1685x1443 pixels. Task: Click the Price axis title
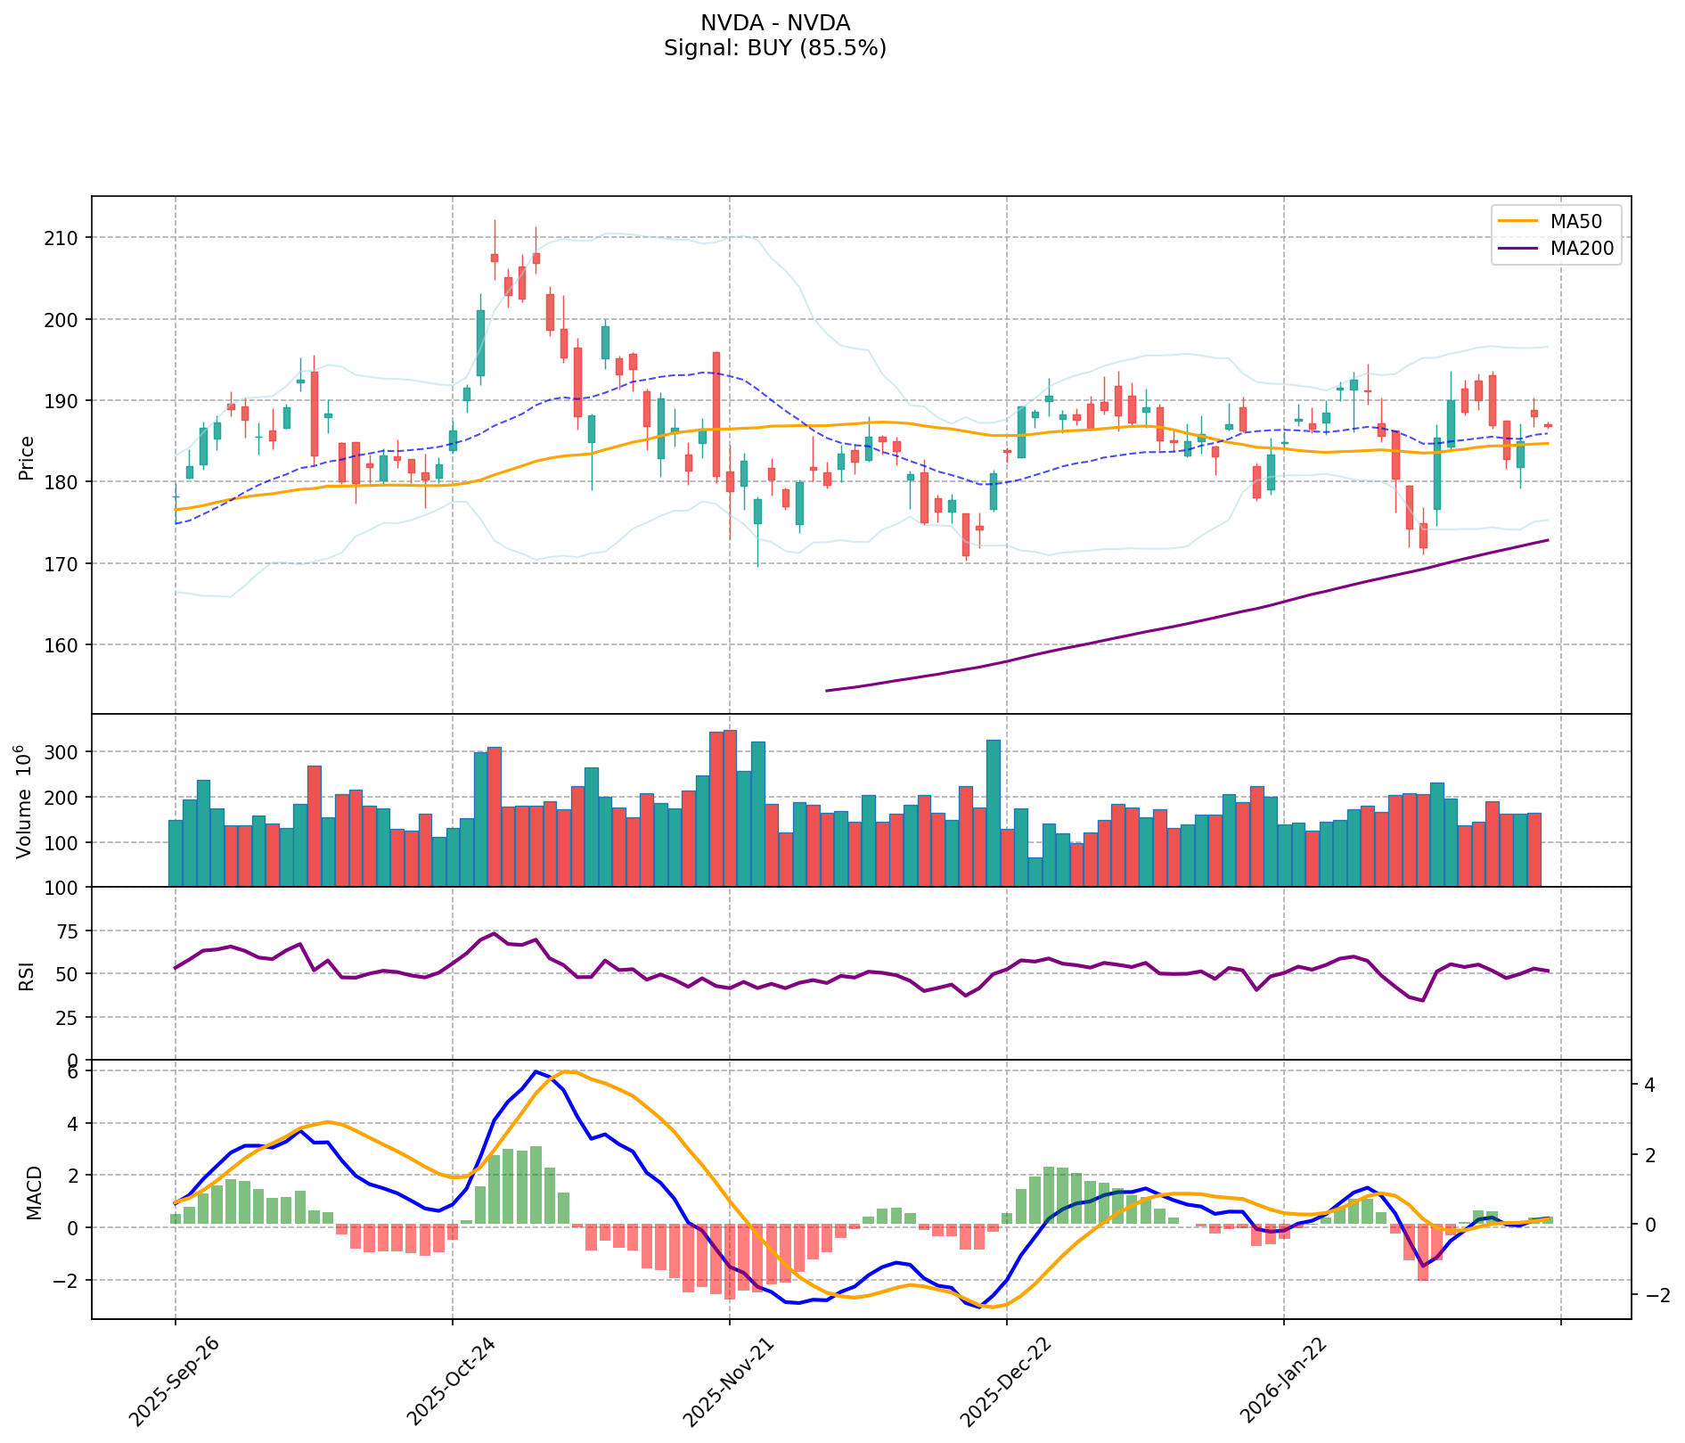pos(27,457)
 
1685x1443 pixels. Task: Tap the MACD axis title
pos(34,1193)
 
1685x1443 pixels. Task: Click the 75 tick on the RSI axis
pos(67,932)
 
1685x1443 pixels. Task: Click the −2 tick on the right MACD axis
pos(1650,1295)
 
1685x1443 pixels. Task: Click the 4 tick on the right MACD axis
pos(1648,1086)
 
